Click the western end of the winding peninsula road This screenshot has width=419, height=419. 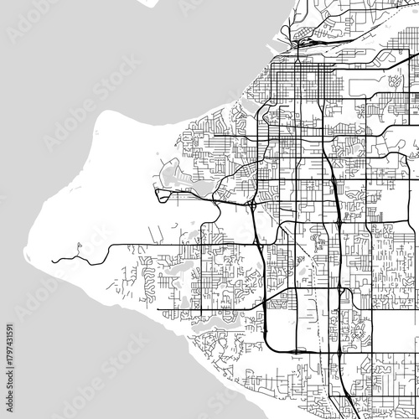[52, 261]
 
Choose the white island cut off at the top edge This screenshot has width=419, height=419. [147, 3]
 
